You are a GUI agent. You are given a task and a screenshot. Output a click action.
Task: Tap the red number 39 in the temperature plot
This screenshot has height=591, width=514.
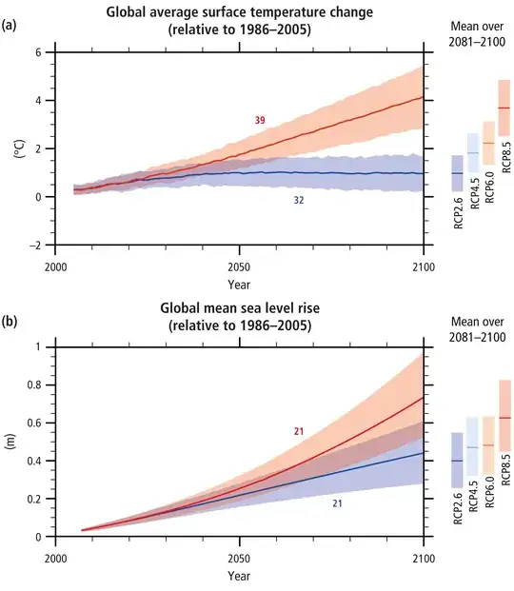pos(260,120)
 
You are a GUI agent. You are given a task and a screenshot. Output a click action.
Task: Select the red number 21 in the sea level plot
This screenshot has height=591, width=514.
pos(298,431)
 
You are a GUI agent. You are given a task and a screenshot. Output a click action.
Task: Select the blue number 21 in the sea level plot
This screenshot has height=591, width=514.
pos(337,502)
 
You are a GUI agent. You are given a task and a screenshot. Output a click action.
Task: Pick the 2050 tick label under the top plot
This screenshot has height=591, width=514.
pos(239,266)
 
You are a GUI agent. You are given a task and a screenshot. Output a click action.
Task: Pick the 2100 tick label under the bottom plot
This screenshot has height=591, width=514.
pos(423,558)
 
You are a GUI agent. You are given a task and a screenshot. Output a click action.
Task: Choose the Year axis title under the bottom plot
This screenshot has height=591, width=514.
pos(239,576)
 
